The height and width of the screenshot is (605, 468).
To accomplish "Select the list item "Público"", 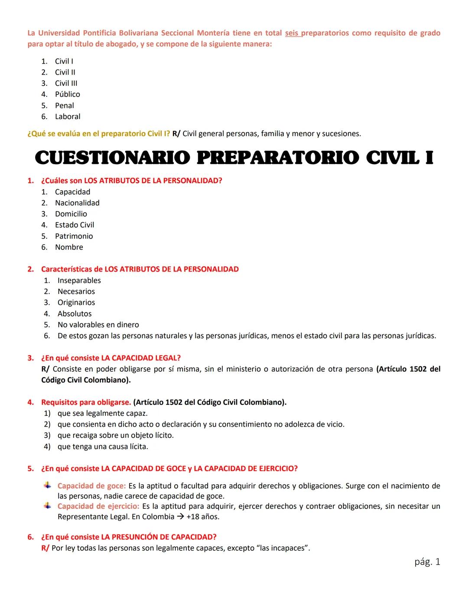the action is pos(67,94).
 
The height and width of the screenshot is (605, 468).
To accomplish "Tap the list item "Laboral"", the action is pos(68,116).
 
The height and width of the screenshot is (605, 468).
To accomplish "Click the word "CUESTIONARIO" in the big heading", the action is pos(112,158).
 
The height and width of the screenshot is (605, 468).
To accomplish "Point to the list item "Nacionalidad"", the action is pos(77,203).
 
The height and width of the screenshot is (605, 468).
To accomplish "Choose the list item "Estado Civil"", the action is pos(75,225).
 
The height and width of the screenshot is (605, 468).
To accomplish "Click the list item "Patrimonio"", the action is pos(74,236).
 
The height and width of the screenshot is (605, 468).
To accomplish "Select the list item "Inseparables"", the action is pos(79,281).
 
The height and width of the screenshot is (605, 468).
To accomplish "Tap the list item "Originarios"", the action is pos(76,303).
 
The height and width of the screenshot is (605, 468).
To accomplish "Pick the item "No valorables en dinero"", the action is pos(98,325).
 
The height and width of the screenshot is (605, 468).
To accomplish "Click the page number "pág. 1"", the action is pos(427,562).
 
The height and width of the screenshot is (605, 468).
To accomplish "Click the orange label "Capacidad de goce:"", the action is pos(91,486).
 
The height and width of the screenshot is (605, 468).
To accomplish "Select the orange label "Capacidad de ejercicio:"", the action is pos(98,506).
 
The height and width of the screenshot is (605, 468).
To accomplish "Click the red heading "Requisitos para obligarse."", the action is pos(86,402).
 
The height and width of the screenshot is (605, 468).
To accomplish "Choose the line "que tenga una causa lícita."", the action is pos(103,446).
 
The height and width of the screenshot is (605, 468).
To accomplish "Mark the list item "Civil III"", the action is pos(66,83).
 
